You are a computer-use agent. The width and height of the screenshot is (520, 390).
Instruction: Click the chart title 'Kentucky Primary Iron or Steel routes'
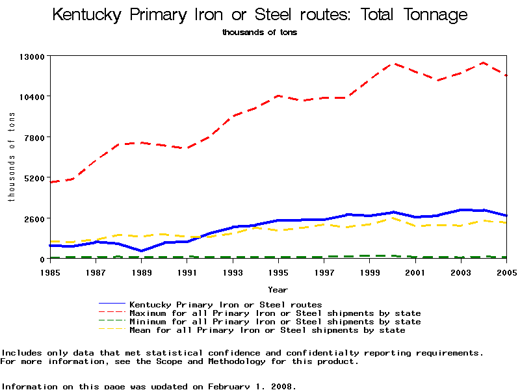[x=259, y=15]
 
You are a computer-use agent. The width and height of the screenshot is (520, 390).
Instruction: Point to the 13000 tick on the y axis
[x=31, y=57]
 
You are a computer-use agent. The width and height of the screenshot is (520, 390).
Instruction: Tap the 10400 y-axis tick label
[x=31, y=97]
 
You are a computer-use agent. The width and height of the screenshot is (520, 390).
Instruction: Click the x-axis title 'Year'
[x=278, y=290]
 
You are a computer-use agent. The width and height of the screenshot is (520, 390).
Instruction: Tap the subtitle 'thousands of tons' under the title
[x=259, y=32]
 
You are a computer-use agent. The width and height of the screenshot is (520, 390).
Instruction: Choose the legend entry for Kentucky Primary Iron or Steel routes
[x=226, y=304]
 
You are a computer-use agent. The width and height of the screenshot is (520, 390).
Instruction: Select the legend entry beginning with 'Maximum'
[x=275, y=313]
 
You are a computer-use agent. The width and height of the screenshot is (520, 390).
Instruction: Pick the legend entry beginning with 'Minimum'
[x=275, y=322]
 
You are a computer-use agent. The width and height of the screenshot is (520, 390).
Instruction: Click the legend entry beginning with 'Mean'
[x=267, y=330]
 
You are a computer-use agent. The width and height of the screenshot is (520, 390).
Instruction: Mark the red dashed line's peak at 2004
[x=483, y=63]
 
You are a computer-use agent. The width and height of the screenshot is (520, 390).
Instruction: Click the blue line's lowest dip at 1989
[x=141, y=251]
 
